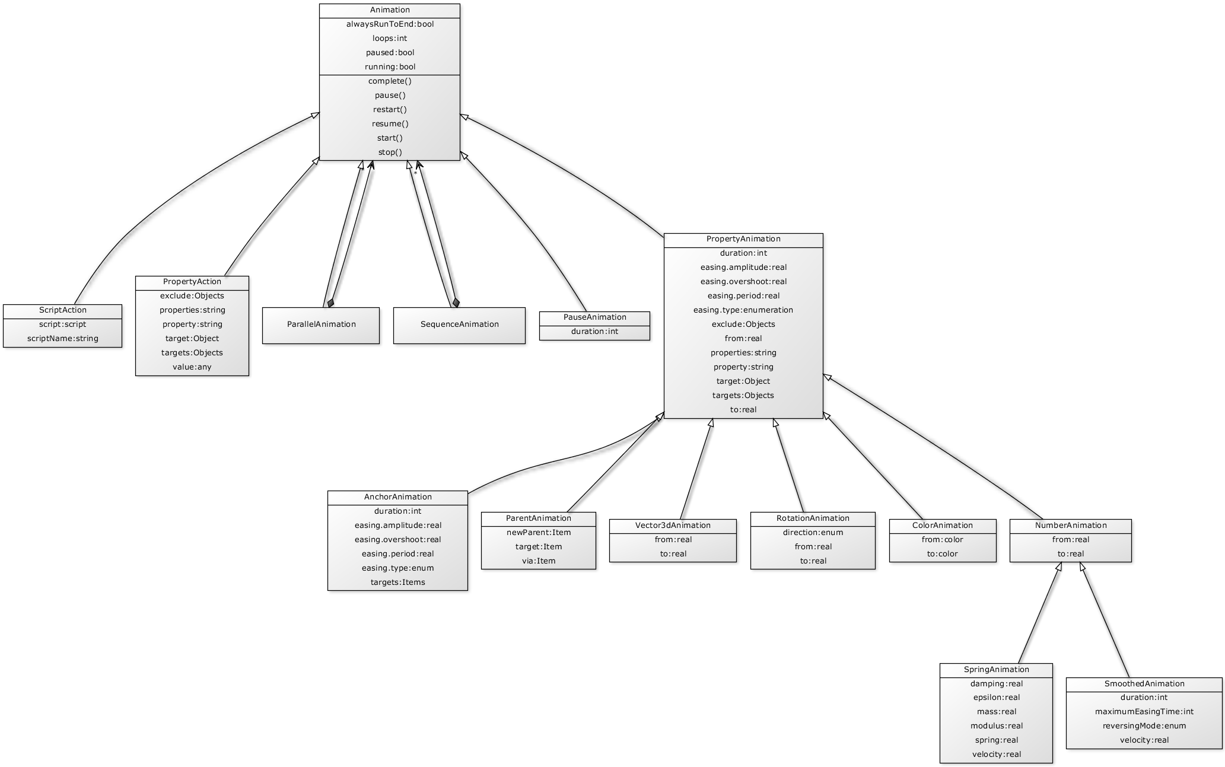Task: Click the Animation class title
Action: pyautogui.click(x=390, y=10)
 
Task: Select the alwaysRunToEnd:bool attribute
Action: pyautogui.click(x=390, y=24)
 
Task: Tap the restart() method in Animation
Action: pyautogui.click(x=390, y=110)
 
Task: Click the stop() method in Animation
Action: pyautogui.click(x=390, y=152)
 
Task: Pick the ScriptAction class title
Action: pyautogui.click(x=62, y=310)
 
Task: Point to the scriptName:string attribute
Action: pyautogui.click(x=62, y=339)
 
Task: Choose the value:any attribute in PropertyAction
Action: pyautogui.click(x=192, y=367)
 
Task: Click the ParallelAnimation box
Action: pyautogui.click(x=321, y=324)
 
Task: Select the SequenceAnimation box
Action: pyautogui.click(x=459, y=324)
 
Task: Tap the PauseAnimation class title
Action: pyautogui.click(x=594, y=317)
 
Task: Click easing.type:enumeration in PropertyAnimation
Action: pyautogui.click(x=743, y=310)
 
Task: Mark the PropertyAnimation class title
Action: pyautogui.click(x=743, y=239)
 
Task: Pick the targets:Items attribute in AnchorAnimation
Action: pyautogui.click(x=397, y=583)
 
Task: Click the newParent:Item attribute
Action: pyautogui.click(x=538, y=533)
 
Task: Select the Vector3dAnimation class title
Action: pyautogui.click(x=672, y=526)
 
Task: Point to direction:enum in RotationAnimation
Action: pyautogui.click(x=812, y=533)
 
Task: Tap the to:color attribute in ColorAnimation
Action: pyautogui.click(x=942, y=554)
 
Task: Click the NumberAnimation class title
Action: pyautogui.click(x=1070, y=526)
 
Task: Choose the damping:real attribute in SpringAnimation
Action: pyautogui.click(x=996, y=684)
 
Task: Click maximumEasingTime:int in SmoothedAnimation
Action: pyautogui.click(x=1144, y=712)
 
